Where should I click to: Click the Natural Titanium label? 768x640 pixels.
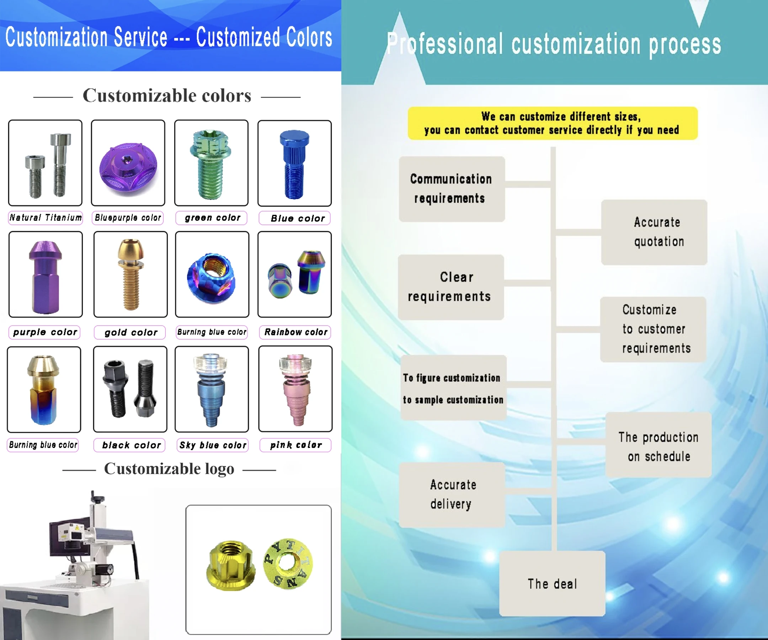point(46,218)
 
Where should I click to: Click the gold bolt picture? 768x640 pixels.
point(130,274)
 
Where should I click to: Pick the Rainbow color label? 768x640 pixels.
point(295,332)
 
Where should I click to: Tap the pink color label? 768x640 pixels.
point(295,445)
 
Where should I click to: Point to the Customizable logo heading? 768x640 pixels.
point(169,469)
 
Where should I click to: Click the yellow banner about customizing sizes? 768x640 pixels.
point(553,123)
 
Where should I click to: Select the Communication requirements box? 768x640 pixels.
point(452,189)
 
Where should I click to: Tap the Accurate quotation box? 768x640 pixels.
point(654,232)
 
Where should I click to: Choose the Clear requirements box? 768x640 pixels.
point(451,287)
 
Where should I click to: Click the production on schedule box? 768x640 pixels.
point(658,445)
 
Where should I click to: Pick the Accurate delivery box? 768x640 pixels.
point(452,495)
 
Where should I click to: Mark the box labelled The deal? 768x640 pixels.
point(552,584)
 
